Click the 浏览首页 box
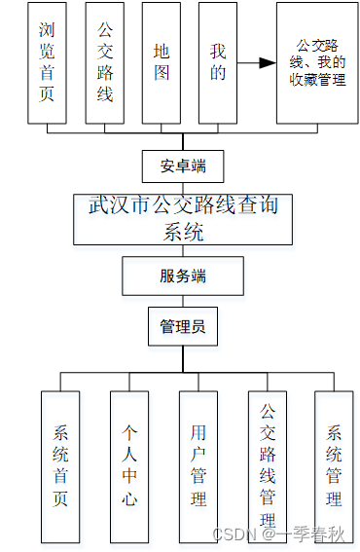[47, 63]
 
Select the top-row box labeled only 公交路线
[105, 63]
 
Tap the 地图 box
[162, 63]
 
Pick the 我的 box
[218, 63]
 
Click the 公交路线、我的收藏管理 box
[317, 63]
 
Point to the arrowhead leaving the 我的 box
[268, 63]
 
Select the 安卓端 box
[183, 166]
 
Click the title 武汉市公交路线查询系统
[183, 218]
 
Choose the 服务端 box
[183, 276]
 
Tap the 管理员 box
[183, 326]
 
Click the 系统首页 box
[60, 466]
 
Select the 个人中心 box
[129, 466]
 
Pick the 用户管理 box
[198, 466]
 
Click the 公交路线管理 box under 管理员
[268, 466]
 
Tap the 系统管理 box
[334, 466]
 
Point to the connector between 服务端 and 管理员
[183, 302]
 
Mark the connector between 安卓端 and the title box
[183, 188]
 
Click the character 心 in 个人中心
[129, 498]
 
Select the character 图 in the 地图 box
[162, 73]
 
